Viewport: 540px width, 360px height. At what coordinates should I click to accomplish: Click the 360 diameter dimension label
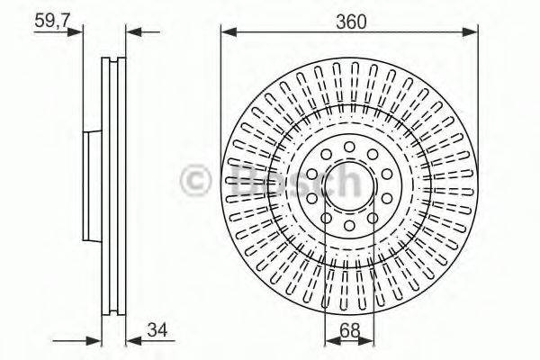(350, 22)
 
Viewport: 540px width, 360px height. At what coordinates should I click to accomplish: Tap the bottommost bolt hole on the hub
(349, 226)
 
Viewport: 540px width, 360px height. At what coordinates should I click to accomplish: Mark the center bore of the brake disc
(349, 184)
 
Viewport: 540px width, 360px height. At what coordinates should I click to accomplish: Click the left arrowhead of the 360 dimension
(228, 33)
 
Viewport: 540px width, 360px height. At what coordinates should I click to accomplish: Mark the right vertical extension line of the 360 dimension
(477, 108)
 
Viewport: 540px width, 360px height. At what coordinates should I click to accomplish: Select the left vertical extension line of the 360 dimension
(221, 108)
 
